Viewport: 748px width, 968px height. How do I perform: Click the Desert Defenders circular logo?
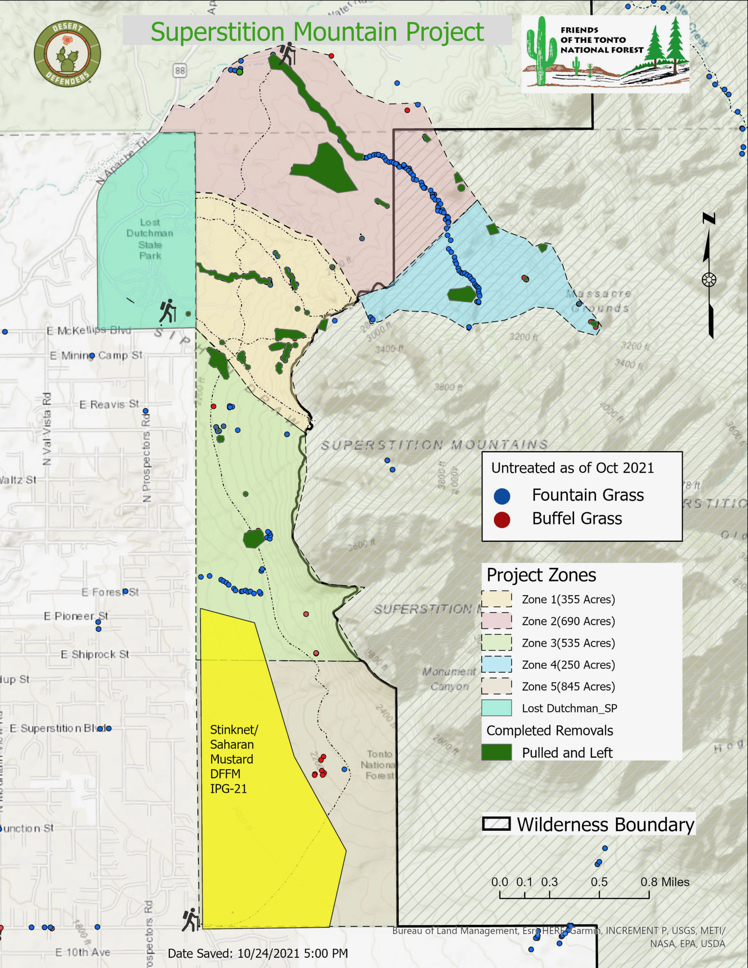(x=67, y=54)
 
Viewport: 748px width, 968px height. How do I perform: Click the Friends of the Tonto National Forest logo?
(x=605, y=54)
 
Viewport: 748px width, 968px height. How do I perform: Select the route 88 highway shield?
(x=180, y=70)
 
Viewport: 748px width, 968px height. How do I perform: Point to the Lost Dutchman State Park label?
(x=150, y=239)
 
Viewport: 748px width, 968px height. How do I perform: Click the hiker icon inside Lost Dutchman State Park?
(x=168, y=311)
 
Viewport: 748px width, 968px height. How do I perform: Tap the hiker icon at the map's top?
(x=287, y=54)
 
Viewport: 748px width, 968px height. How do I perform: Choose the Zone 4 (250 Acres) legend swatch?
(x=497, y=664)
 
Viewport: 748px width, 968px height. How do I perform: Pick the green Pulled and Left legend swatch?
(x=497, y=752)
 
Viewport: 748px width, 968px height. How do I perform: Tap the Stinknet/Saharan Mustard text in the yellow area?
(x=233, y=759)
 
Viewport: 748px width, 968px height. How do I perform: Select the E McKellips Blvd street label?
(x=88, y=330)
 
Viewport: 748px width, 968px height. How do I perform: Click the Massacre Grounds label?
(x=599, y=301)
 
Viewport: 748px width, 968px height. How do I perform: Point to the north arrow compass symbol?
(x=709, y=279)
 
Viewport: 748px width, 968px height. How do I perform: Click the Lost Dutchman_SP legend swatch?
(x=497, y=708)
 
